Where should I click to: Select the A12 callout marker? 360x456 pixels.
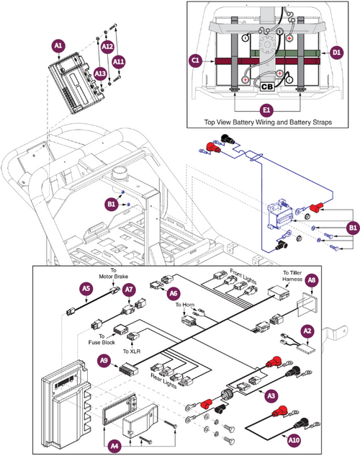107,47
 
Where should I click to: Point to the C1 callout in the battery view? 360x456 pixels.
195,61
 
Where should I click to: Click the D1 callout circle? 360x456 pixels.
337,52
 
